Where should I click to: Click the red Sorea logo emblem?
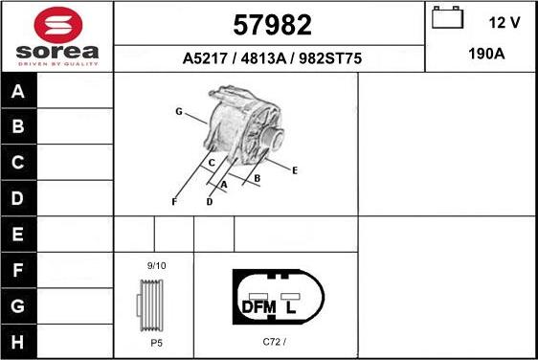click(x=58, y=25)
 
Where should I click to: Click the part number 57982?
click(x=272, y=25)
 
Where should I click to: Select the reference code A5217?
click(x=205, y=58)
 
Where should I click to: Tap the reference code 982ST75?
click(x=330, y=58)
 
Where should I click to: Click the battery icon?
click(x=447, y=17)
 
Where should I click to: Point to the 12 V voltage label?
click(x=504, y=23)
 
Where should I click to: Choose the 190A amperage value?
click(x=486, y=54)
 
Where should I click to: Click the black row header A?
click(x=19, y=91)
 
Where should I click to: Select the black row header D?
click(x=19, y=198)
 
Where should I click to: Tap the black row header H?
click(x=19, y=342)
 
